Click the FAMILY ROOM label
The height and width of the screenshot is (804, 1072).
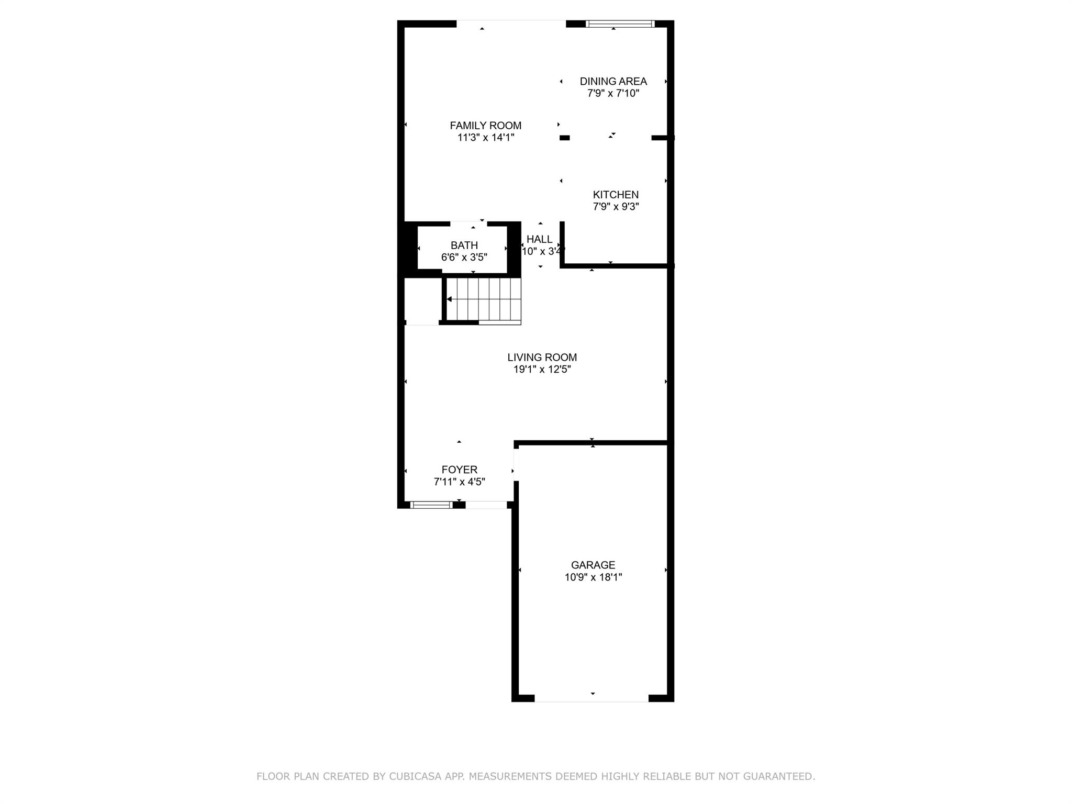485,126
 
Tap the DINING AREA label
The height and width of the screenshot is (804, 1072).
613,81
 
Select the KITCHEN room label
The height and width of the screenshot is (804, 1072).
616,194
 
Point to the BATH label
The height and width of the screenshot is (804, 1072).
464,245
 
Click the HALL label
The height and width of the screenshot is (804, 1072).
539,239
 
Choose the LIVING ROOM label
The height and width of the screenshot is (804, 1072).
542,357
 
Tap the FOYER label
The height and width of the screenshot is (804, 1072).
459,470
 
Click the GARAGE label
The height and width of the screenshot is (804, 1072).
593,565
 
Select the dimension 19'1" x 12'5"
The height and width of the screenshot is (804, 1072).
542,370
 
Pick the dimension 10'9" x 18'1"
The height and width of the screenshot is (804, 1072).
593,577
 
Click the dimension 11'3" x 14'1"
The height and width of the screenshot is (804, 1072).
485,138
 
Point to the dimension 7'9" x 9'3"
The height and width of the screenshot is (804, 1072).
616,207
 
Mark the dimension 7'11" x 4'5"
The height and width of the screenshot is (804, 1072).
459,482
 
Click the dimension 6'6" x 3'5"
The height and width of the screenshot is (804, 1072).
464,258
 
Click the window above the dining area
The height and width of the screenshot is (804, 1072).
620,24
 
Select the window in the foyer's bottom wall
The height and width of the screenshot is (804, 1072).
431,505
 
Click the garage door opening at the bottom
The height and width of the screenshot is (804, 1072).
591,698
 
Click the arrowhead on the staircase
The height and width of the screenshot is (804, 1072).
449,299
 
